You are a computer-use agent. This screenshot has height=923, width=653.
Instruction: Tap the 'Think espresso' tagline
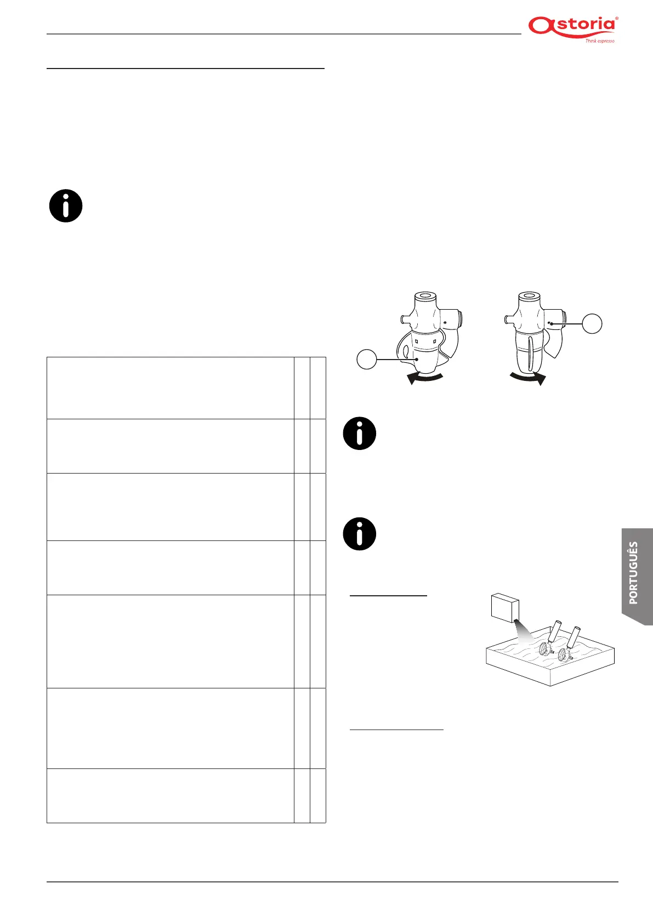pyautogui.click(x=599, y=41)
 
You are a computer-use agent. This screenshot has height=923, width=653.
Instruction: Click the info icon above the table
pyautogui.click(x=66, y=206)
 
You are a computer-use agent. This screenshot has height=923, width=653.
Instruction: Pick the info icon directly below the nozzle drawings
pyautogui.click(x=360, y=434)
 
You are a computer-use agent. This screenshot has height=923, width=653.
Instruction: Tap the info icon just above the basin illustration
pyautogui.click(x=360, y=533)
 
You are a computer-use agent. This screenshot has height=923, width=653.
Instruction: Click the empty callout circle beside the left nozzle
pyautogui.click(x=367, y=360)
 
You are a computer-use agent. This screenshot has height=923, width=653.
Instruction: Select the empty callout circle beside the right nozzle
pyautogui.click(x=592, y=323)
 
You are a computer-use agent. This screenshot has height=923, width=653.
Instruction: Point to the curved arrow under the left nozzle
pyautogui.click(x=425, y=378)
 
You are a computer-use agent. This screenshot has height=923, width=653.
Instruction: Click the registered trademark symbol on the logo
pyautogui.click(x=617, y=19)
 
